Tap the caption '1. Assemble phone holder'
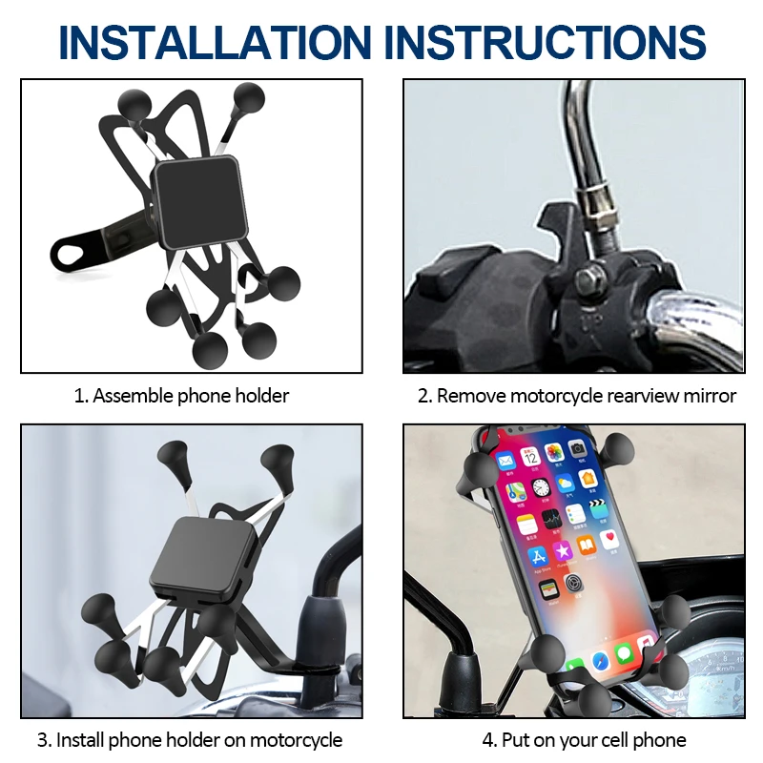tap(181, 395)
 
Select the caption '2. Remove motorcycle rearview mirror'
tap(576, 395)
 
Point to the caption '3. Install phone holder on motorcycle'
tap(189, 739)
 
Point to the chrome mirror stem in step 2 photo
tap(583, 143)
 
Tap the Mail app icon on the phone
tap(506, 461)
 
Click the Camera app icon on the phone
tap(576, 446)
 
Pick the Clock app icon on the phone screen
tap(540, 488)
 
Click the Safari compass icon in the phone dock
tap(600, 660)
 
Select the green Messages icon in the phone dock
tap(624, 653)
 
